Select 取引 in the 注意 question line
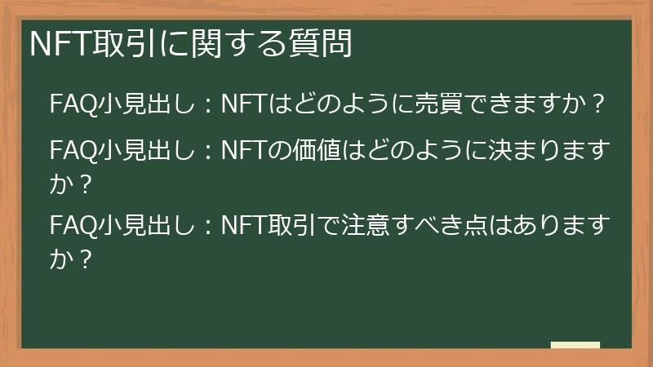pyautogui.click(x=284, y=222)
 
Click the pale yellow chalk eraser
pyautogui.click(x=575, y=345)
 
